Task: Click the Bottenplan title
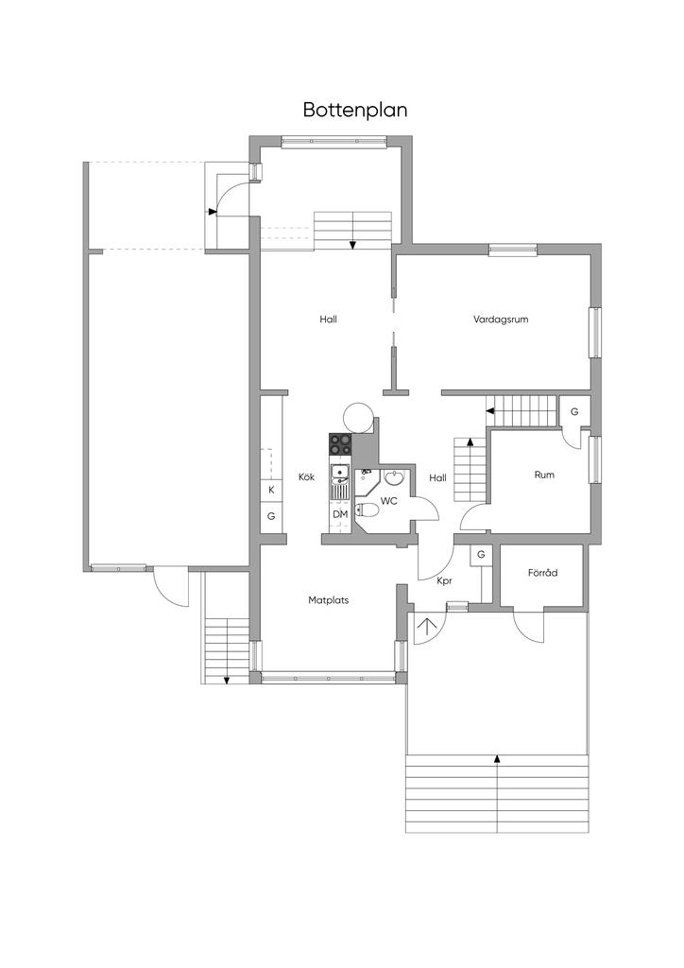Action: [x=355, y=110]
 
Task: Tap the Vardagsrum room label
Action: [x=501, y=320]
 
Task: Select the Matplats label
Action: [x=329, y=599]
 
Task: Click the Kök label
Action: [x=306, y=476]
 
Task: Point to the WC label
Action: [x=389, y=501]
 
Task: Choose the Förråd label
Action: [x=542, y=572]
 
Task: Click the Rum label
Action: [x=544, y=475]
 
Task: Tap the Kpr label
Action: [x=445, y=581]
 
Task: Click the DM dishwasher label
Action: [x=340, y=513]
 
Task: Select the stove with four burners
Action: [x=340, y=444]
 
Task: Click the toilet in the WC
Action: [x=368, y=510]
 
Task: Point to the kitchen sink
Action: [x=340, y=475]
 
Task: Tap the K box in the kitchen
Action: [x=271, y=491]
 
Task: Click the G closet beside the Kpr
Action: [x=481, y=554]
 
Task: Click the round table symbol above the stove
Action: [x=359, y=417]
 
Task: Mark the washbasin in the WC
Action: [x=394, y=477]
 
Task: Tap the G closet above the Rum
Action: [x=574, y=412]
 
